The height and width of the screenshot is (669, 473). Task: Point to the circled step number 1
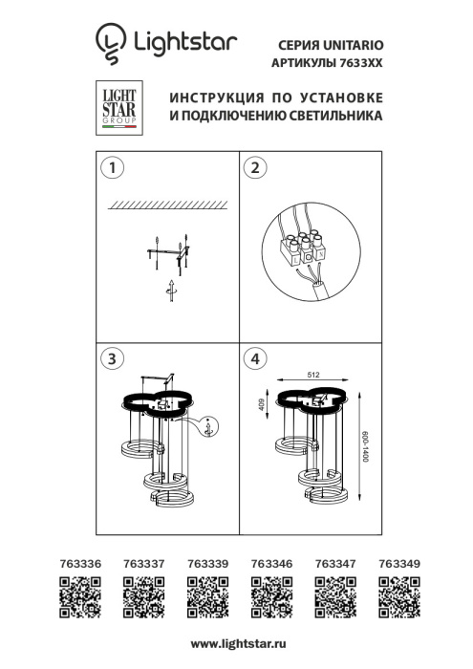click(x=113, y=168)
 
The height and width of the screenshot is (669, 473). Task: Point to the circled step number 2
click(x=254, y=168)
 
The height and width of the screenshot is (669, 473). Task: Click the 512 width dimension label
click(x=312, y=375)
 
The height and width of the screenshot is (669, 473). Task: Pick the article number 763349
click(x=398, y=565)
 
